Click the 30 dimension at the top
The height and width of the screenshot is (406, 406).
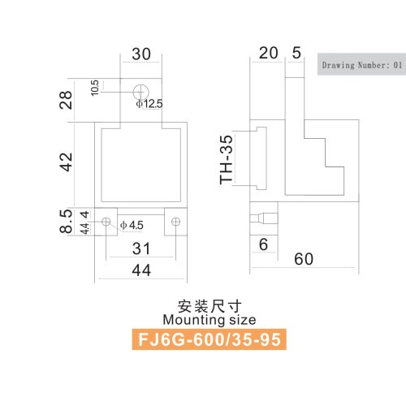click(141, 54)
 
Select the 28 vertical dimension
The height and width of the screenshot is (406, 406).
click(66, 100)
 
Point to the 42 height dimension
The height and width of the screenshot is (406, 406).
click(66, 162)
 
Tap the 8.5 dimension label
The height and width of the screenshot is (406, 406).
click(66, 221)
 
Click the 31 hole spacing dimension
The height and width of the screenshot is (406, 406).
click(141, 248)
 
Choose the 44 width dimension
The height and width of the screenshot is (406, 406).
click(141, 270)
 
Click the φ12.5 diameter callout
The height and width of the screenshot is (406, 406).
click(149, 104)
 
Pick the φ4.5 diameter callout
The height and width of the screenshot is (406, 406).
click(132, 225)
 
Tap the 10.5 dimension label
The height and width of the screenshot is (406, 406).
click(95, 88)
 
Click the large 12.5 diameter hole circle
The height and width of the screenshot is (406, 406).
click(141, 84)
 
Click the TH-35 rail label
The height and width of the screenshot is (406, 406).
click(226, 160)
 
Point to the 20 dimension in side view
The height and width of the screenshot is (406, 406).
click(268, 53)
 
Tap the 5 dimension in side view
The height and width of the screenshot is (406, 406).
click(296, 53)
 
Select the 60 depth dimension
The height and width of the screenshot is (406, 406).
click(304, 259)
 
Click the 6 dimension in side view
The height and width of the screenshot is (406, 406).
click(263, 244)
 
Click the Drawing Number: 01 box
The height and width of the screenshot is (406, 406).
click(361, 64)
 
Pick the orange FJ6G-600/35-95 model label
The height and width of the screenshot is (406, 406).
click(209, 339)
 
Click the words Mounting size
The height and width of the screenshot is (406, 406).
click(209, 320)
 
